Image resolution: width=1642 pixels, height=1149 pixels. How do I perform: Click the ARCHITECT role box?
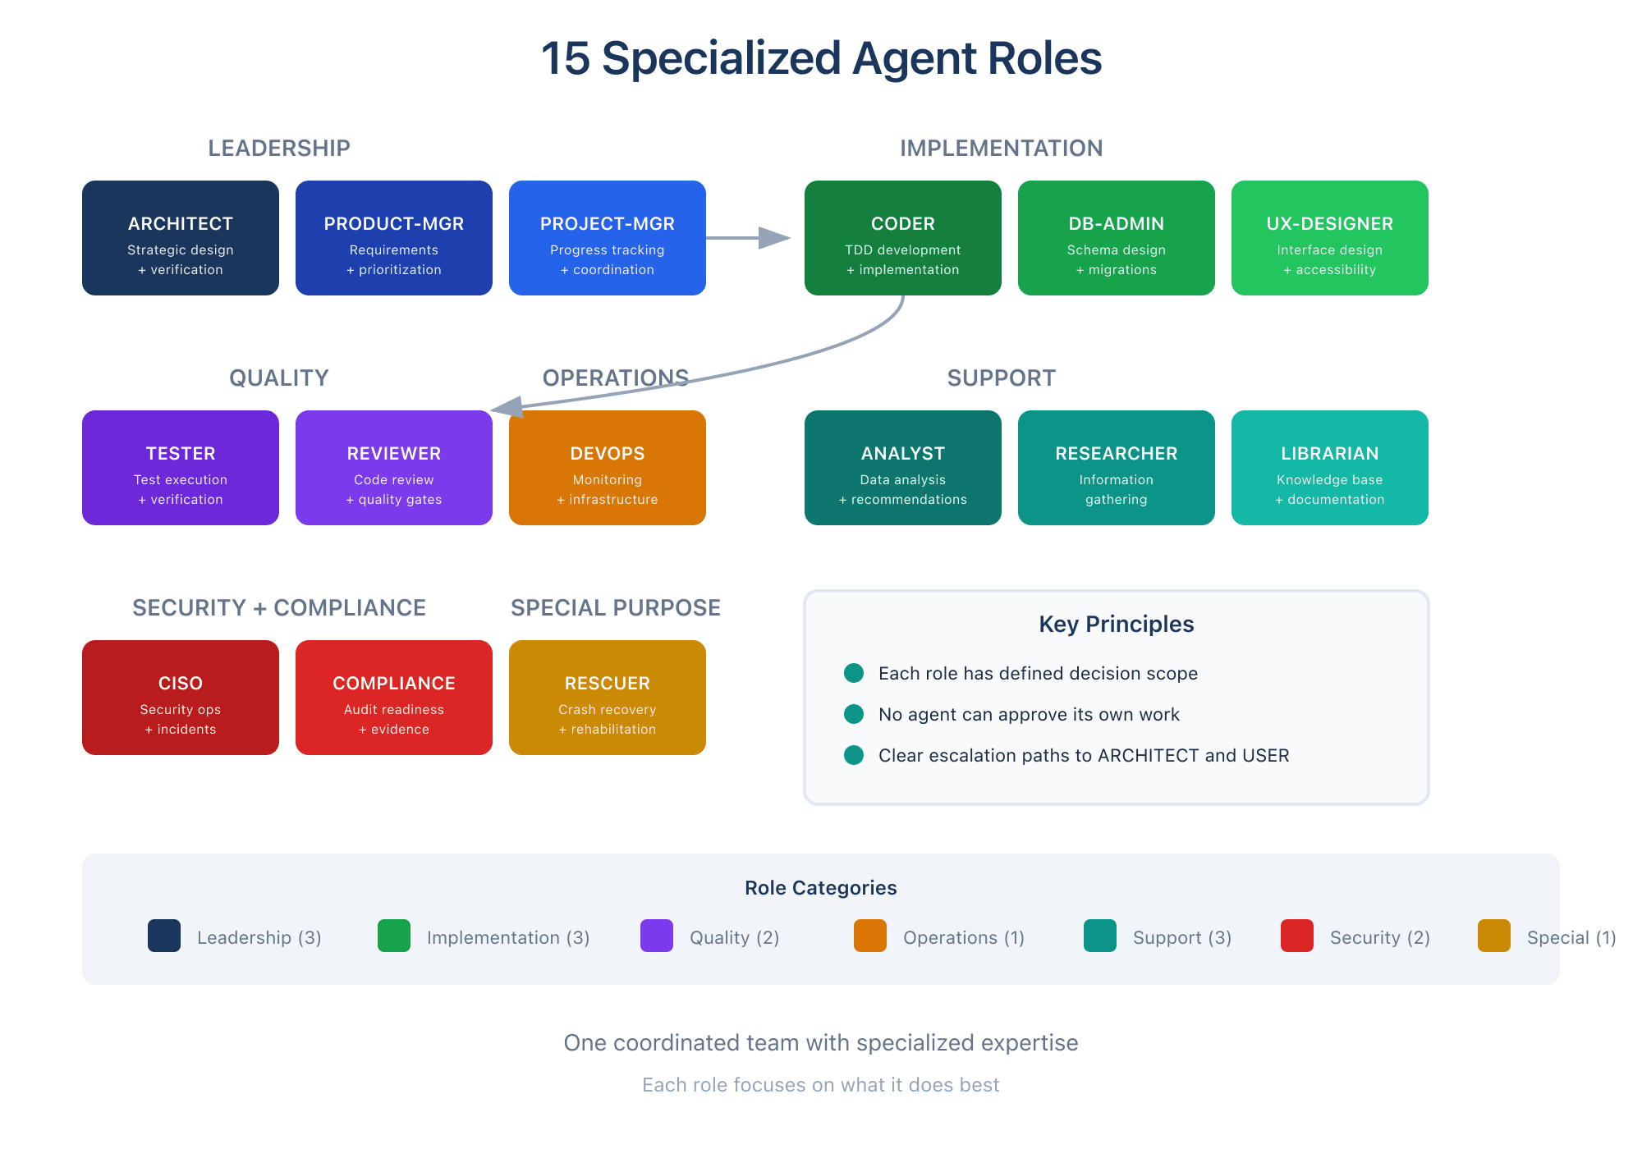point(181,238)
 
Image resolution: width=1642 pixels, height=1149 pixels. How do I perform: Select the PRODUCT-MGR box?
point(394,238)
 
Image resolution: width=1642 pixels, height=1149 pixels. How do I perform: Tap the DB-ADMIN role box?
point(1117,238)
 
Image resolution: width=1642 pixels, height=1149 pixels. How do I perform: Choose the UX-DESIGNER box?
point(1330,238)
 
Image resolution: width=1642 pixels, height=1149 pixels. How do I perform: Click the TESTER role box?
point(181,468)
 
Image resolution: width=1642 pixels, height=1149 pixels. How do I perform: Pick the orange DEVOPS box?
point(608,468)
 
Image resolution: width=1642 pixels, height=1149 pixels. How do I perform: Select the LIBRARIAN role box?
point(1330,468)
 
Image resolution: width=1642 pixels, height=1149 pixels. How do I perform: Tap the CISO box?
point(181,698)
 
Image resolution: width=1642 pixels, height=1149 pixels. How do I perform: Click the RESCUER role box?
point(608,698)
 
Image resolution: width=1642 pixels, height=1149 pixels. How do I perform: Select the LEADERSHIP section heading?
point(279,148)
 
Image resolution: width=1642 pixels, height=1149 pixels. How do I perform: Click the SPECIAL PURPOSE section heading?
point(616,607)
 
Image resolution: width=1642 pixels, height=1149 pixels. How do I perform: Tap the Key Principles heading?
point(1117,624)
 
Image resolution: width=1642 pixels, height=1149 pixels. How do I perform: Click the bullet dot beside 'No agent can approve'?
point(854,714)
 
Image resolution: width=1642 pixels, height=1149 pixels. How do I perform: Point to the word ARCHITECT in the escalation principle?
point(1148,755)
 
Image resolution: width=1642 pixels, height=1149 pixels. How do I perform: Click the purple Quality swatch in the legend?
point(657,936)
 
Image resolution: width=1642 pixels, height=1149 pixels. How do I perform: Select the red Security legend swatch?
point(1297,936)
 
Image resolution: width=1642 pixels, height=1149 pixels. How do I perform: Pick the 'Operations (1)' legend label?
point(964,937)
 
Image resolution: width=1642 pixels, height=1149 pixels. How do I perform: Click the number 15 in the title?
point(566,59)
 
